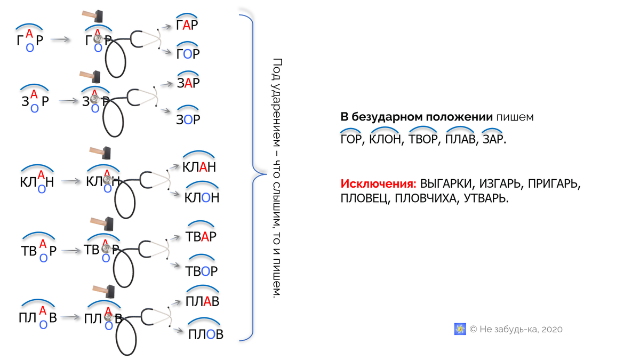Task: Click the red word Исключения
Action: click(x=378, y=184)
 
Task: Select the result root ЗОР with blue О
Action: click(x=188, y=119)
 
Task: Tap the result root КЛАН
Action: click(x=199, y=167)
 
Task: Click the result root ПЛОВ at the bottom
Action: click(x=205, y=334)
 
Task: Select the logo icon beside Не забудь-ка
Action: click(x=460, y=329)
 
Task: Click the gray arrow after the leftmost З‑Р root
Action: click(x=67, y=100)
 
